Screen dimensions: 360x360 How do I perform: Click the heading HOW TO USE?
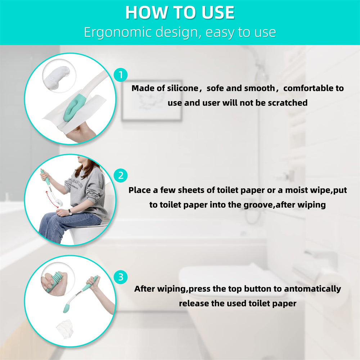[x=180, y=13]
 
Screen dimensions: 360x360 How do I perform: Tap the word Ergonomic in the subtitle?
[x=118, y=32]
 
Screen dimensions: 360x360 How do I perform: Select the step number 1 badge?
[x=121, y=75]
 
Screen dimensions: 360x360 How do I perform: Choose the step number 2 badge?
[x=121, y=176]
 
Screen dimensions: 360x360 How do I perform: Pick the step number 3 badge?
[x=121, y=277]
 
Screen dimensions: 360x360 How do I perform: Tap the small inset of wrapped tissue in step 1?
[x=59, y=76]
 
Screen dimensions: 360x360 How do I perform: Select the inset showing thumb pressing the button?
[x=58, y=281]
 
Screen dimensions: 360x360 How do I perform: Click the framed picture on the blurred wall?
[x=152, y=100]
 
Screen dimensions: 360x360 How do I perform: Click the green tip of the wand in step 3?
[x=67, y=307]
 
